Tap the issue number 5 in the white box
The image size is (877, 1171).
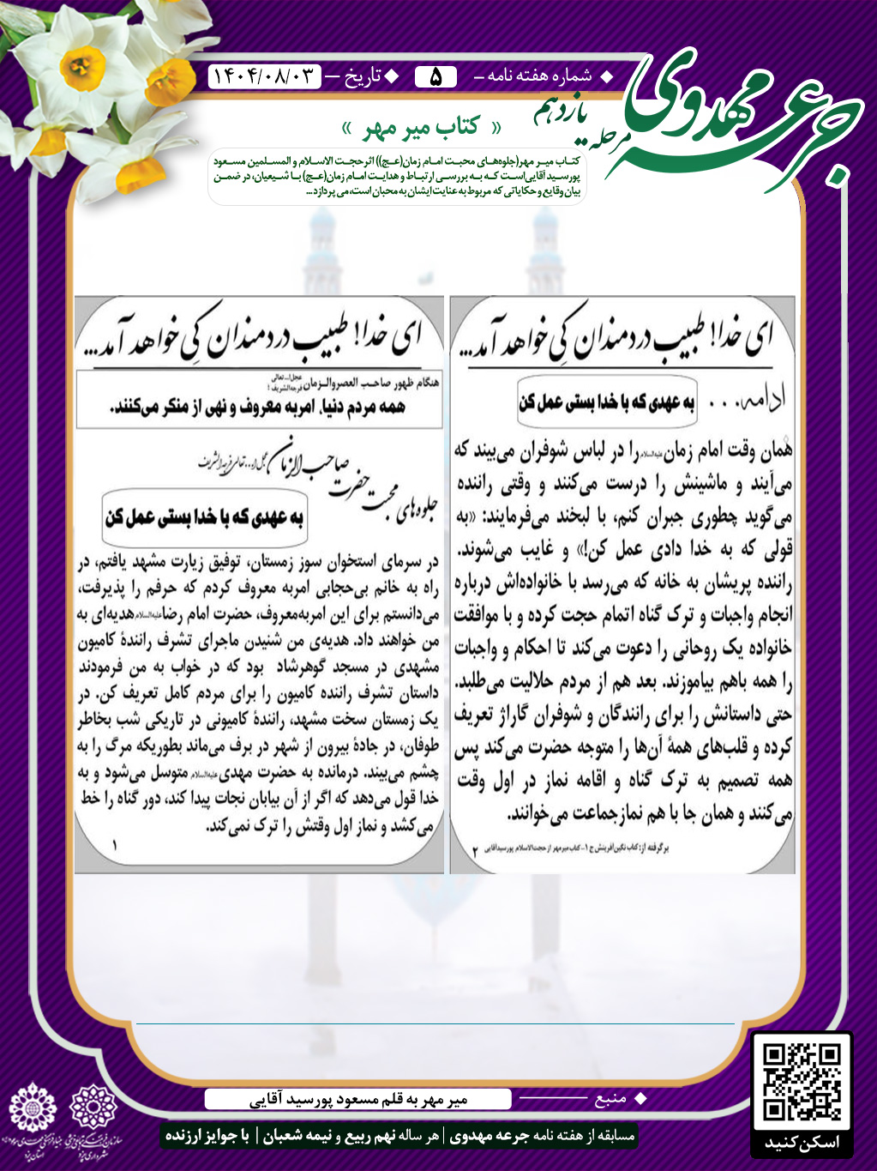[435, 77]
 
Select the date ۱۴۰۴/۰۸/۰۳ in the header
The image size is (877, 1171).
[264, 77]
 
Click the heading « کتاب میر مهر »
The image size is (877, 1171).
[422, 129]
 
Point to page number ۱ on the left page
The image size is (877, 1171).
[114, 846]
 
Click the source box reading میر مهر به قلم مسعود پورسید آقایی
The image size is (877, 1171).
[357, 1099]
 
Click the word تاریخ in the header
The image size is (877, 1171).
[362, 77]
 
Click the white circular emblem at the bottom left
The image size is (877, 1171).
[32, 1108]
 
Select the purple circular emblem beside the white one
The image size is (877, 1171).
[93, 1107]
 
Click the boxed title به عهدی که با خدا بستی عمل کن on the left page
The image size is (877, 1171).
[205, 517]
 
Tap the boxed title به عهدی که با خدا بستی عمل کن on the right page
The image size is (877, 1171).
[607, 401]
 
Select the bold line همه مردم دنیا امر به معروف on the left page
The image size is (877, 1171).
[257, 408]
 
